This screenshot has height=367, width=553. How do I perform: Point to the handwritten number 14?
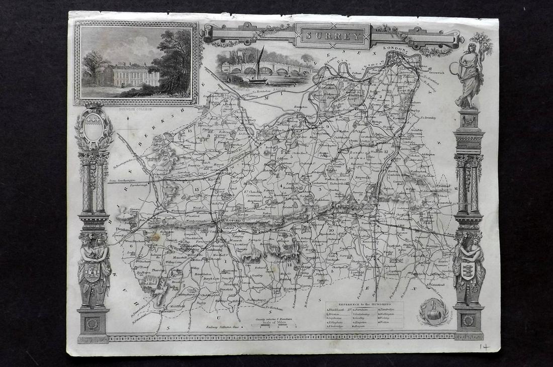tap(484, 347)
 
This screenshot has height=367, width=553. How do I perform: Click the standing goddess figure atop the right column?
tap(470, 75)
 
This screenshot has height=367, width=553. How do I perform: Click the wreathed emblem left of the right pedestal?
tap(433, 312)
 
